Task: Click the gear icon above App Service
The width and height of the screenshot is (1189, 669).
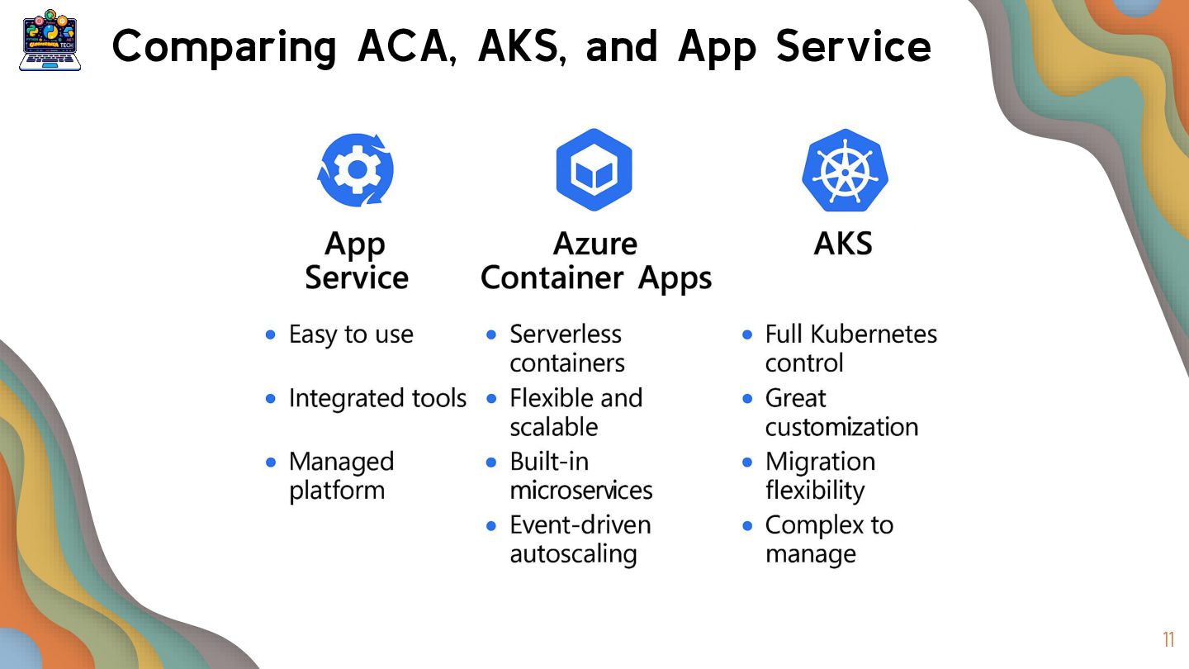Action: click(356, 169)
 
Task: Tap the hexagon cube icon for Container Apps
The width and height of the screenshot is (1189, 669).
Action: click(594, 169)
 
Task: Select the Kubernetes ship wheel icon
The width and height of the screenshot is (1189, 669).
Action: click(844, 170)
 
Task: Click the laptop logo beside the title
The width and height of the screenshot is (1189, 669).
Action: click(50, 41)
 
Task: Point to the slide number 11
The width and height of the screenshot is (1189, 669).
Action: click(1168, 640)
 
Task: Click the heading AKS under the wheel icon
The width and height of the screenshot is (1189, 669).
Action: click(843, 244)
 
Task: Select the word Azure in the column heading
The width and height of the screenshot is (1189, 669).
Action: click(594, 244)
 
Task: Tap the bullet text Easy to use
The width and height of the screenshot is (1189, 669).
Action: click(351, 334)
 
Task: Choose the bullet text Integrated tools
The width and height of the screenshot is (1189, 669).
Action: click(377, 398)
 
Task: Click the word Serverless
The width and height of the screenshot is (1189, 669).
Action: click(566, 334)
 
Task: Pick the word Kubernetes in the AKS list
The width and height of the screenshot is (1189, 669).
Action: click(874, 334)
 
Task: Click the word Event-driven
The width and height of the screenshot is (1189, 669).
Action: click(580, 525)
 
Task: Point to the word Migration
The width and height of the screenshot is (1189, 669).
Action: click(820, 462)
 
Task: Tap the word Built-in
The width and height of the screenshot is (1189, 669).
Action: click(549, 462)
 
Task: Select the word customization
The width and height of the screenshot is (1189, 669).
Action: click(841, 427)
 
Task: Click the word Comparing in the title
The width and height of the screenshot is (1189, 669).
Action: click(224, 47)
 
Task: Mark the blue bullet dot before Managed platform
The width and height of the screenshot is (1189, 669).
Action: click(271, 463)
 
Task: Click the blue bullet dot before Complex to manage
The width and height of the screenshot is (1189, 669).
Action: click(747, 525)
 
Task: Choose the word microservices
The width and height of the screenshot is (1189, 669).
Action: click(581, 491)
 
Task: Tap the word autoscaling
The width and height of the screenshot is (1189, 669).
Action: click(573, 554)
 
